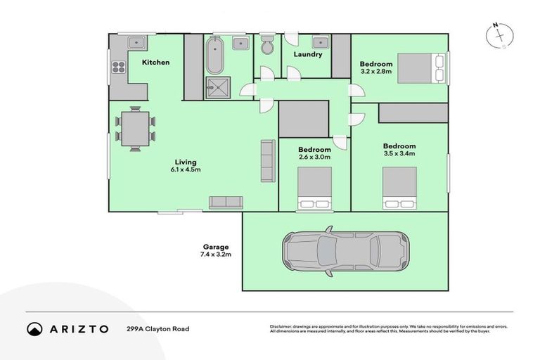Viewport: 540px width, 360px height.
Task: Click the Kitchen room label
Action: [155, 63]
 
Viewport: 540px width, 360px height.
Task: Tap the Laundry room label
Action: [308, 54]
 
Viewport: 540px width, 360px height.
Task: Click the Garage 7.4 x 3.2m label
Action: [216, 251]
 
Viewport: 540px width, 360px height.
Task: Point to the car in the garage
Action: [345, 250]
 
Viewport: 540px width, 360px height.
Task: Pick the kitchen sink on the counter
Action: [134, 42]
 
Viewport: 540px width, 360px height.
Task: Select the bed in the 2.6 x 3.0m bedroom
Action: [314, 189]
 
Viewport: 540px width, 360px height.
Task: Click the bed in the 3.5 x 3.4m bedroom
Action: [399, 188]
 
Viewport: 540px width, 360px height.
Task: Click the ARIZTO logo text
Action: [77, 329]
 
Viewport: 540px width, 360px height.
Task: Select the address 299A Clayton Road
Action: [157, 329]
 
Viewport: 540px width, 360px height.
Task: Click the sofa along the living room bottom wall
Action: [225, 202]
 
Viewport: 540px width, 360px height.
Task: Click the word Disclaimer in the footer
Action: [281, 327]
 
